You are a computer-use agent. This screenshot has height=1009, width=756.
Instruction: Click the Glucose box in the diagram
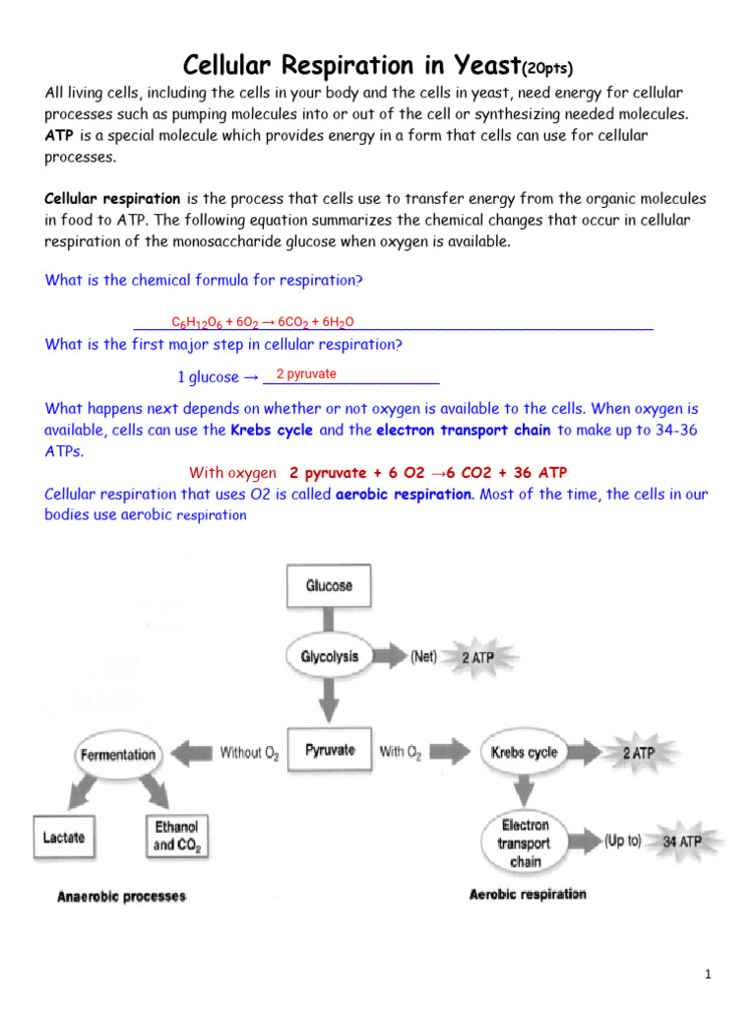[329, 585]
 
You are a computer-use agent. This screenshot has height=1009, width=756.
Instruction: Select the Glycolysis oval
[329, 656]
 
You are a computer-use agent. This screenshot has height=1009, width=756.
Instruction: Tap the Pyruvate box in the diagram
[329, 751]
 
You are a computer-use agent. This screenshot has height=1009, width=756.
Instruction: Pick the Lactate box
[64, 837]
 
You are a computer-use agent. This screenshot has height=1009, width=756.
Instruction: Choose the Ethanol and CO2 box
[175, 836]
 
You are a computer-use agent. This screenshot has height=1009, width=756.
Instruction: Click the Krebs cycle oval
[524, 753]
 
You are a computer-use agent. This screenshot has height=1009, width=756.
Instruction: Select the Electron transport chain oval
[525, 842]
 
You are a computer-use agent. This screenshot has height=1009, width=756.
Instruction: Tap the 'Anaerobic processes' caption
[121, 897]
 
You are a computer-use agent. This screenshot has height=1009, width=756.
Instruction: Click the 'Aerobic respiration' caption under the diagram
[528, 894]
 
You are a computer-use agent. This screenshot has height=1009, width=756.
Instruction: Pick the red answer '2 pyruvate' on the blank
[306, 374]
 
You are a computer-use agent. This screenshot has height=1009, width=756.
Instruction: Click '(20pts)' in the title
[547, 68]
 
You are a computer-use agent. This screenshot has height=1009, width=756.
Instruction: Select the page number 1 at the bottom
[707, 975]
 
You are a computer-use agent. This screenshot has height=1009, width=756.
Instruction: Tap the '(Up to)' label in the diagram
[622, 841]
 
